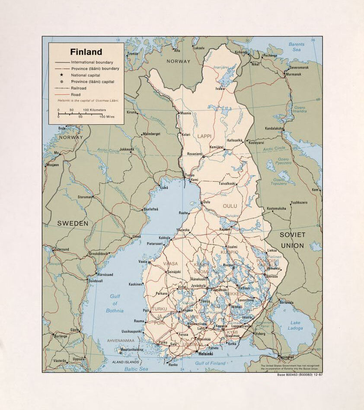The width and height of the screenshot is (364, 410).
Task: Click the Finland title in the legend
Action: coord(86,52)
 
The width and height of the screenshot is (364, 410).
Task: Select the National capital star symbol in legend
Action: coord(62,75)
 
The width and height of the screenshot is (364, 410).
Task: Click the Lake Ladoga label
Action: coord(295,325)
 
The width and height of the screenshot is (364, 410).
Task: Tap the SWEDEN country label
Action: coord(73,223)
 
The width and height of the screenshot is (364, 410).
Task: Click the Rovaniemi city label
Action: coord(194,153)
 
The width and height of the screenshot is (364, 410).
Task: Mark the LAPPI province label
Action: coord(204,136)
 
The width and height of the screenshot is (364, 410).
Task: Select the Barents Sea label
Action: coord(297,47)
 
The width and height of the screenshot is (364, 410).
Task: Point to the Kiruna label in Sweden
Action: coord(131,112)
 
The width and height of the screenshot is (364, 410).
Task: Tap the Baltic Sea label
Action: coord(136,369)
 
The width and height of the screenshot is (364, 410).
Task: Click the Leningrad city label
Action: coord(286,357)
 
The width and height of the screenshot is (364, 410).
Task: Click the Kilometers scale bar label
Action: coord(95,110)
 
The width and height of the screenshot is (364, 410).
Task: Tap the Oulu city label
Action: coord(207,202)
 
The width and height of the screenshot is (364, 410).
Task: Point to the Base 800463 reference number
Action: coord(299,375)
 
